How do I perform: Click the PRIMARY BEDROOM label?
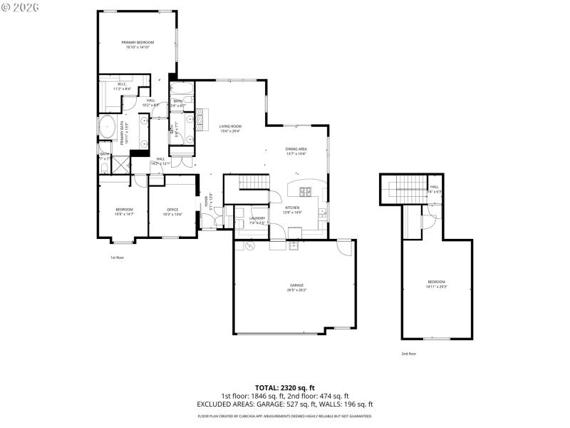[x=137, y=43]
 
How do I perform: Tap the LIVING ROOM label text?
[x=230, y=126]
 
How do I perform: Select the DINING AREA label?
[x=296, y=149]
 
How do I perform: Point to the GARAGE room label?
[x=296, y=285]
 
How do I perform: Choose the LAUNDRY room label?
[x=257, y=218]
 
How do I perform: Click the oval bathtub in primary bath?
[x=108, y=127]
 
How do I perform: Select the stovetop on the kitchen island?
[x=306, y=191]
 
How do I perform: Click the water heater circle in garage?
[x=250, y=246]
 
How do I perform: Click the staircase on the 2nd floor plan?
[x=404, y=190]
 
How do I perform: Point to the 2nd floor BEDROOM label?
[x=436, y=281]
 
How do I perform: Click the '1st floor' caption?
[x=117, y=258]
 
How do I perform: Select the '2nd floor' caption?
[x=408, y=353]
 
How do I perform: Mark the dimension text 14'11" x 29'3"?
[x=436, y=286]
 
